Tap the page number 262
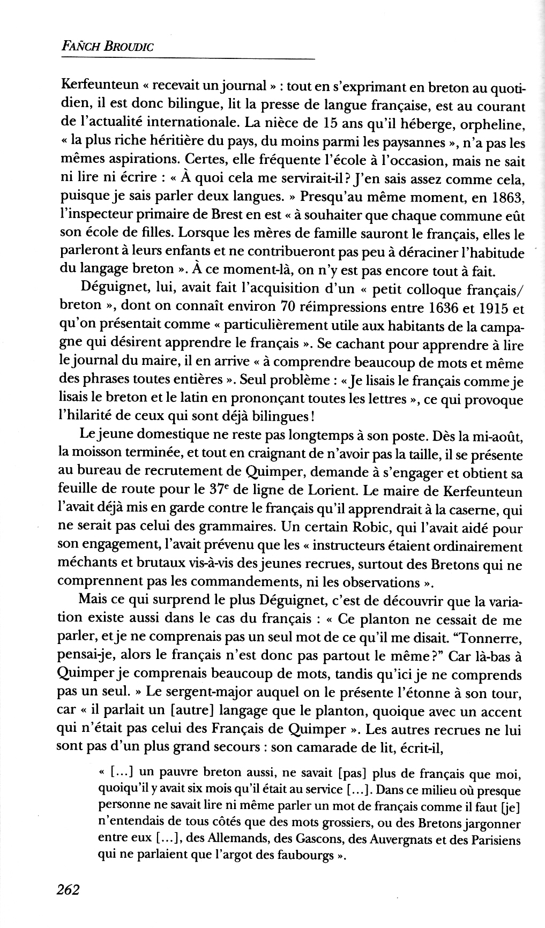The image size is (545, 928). (x=68, y=890)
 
